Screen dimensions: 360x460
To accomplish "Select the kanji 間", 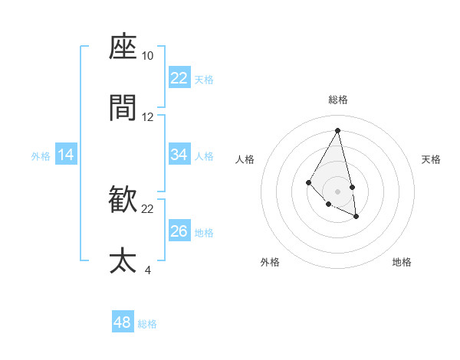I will coord(123,109).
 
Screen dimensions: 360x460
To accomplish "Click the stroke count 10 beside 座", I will coord(148,56).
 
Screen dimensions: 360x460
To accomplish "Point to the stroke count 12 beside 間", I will coord(148,117).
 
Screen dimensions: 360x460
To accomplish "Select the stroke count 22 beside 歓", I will coord(148,208).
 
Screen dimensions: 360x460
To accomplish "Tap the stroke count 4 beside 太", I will coord(148,269).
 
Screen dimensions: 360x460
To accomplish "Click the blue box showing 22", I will coord(179,78).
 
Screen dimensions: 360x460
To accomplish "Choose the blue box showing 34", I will coord(179,155).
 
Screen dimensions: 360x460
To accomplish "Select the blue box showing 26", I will coord(179,231).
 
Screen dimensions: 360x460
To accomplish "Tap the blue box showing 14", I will coord(66,155).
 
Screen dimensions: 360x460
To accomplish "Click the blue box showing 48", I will coord(123,322).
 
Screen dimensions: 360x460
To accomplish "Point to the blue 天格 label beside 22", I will coord(204,79).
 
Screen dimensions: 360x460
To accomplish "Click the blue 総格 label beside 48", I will coord(147,324).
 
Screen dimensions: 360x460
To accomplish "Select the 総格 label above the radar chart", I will coord(338,100).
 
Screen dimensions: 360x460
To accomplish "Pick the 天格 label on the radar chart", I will coord(432,159).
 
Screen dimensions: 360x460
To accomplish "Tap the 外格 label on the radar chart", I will coord(270,262).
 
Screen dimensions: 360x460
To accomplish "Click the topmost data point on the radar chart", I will coord(338,130).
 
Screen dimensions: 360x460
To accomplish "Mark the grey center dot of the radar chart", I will coord(338,191).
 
